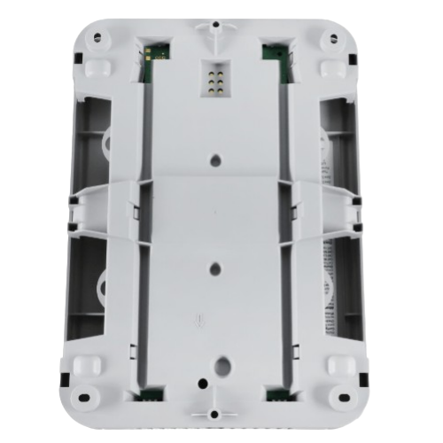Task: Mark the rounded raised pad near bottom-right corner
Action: [339, 364]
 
